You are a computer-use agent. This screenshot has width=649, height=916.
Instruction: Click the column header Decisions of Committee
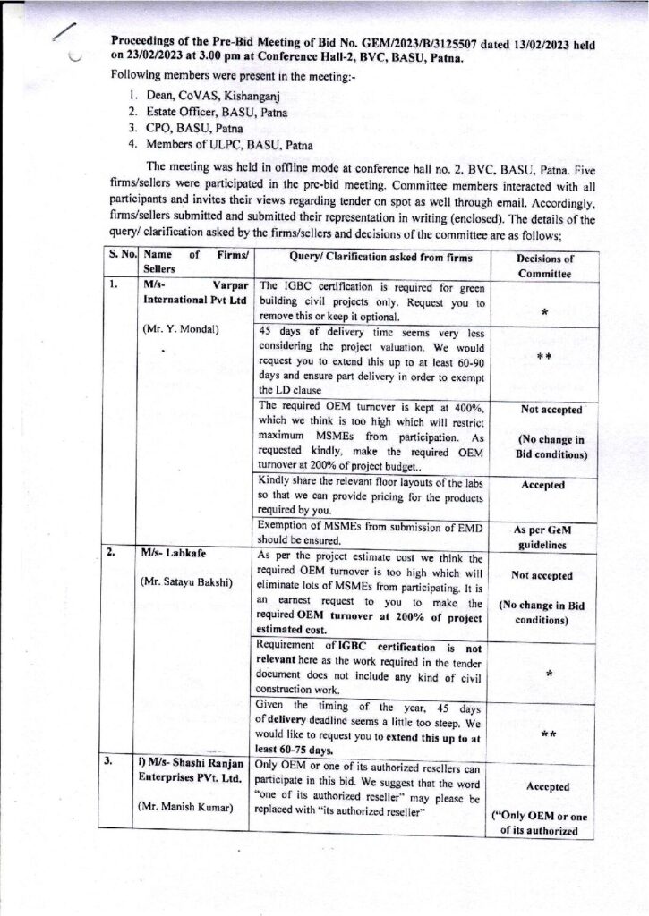pos(545,266)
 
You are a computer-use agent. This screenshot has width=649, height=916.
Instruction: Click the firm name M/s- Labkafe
pos(174,552)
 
